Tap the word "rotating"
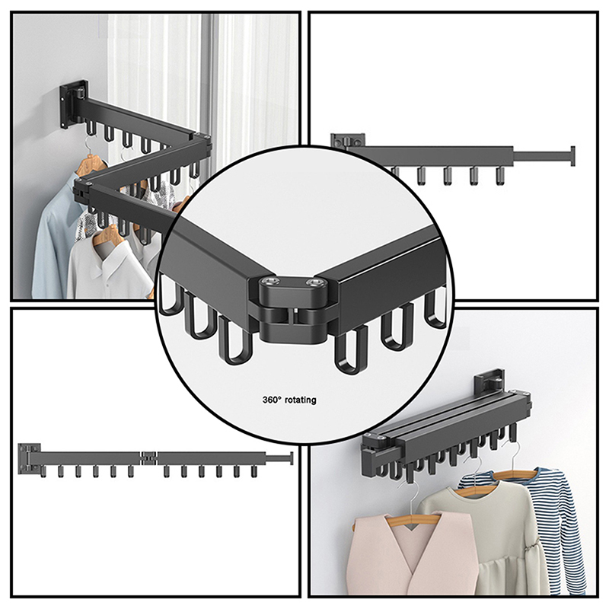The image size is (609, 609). (300, 399)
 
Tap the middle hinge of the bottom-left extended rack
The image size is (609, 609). (150, 458)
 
